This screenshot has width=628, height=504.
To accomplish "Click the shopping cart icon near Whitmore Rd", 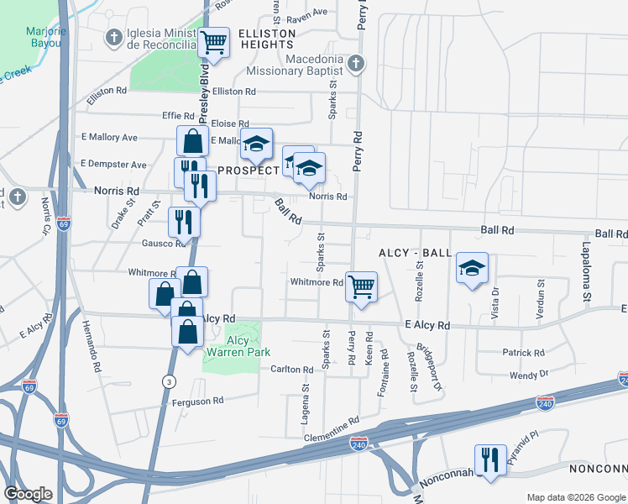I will [361, 286].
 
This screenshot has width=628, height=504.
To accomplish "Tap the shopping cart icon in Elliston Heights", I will [214, 41].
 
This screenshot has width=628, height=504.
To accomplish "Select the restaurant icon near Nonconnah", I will [490, 459].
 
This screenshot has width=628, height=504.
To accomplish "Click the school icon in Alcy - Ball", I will [472, 268].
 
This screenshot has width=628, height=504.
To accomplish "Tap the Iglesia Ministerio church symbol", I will [113, 37].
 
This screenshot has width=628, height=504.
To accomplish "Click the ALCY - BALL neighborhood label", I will [415, 253].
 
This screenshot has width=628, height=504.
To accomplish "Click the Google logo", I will [29, 494].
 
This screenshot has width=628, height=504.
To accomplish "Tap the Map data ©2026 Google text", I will [575, 497].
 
